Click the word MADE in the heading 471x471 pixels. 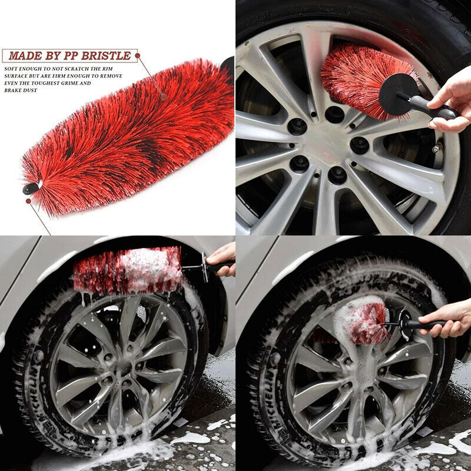point(25,55)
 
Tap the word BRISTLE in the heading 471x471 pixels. point(106,55)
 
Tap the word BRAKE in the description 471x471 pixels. point(12,91)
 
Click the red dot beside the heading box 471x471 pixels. point(138,55)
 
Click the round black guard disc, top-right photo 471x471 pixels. point(399,94)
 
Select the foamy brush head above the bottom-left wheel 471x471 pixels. point(128,271)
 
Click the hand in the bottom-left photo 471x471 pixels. point(223,259)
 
